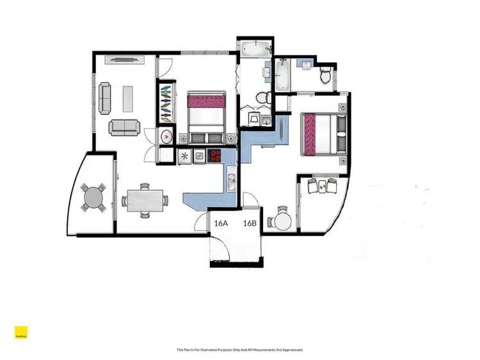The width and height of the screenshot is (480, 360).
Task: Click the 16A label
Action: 221,223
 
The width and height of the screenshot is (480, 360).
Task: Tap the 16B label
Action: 250,223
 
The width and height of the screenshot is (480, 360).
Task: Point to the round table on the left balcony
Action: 95,197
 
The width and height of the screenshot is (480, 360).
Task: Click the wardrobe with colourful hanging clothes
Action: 166,102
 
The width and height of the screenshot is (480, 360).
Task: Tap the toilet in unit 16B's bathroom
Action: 326,77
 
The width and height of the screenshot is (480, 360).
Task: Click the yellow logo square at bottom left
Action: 21,333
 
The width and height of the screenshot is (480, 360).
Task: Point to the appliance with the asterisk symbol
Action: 184,155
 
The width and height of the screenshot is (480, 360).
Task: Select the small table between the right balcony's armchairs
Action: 322,185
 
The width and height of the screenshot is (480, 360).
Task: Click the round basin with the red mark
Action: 167,136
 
